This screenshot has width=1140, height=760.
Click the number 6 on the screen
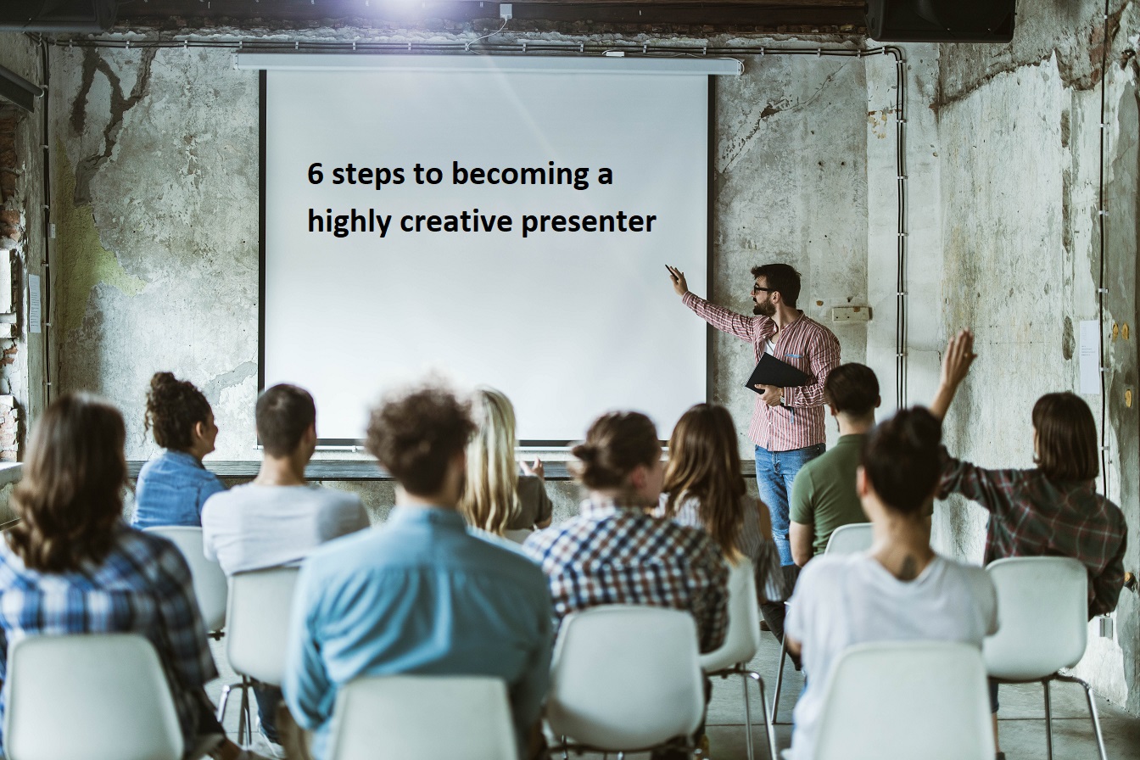[316, 174]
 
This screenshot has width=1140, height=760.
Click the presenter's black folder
[776, 373]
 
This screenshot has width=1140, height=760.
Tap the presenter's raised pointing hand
[676, 278]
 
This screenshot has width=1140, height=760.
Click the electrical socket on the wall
[850, 313]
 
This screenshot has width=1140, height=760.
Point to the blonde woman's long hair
[492, 462]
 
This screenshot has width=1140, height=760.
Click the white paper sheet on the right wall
[1089, 356]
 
